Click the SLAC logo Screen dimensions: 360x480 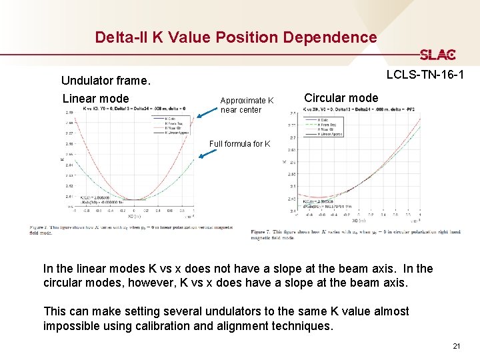tap(437, 55)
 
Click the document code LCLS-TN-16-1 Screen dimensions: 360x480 tap(425, 75)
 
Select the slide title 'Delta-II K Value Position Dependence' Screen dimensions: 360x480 tap(235, 37)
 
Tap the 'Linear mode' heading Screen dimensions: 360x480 tap(95, 99)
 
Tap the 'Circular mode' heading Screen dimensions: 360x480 tap(341, 97)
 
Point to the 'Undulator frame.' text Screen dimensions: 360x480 tap(106, 81)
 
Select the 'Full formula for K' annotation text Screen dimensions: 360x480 tap(239, 143)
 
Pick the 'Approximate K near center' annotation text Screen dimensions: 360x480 tap(247, 105)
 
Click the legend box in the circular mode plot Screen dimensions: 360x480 tap(323, 127)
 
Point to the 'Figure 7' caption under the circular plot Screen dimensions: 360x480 tap(357, 234)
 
